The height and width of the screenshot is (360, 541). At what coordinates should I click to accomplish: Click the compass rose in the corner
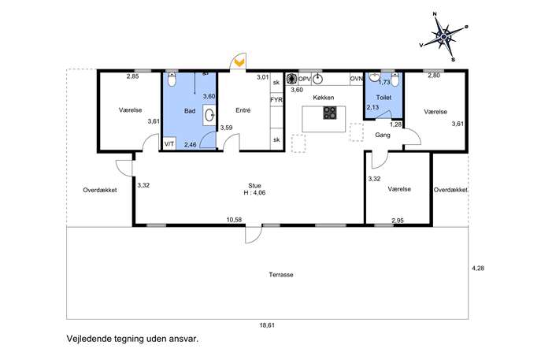443,36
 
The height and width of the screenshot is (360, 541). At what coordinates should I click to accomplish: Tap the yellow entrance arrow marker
239,62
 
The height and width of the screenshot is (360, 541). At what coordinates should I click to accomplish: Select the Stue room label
254,185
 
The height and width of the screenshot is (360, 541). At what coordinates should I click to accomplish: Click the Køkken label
324,98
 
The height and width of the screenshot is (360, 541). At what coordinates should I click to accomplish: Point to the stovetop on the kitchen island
330,113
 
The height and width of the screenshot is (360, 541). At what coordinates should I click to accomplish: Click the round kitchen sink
317,80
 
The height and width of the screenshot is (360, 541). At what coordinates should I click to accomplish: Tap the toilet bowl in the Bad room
172,80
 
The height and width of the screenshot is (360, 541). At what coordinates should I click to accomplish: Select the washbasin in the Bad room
209,116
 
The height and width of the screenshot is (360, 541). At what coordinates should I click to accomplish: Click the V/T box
169,143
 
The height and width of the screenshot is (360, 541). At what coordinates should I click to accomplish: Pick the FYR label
276,100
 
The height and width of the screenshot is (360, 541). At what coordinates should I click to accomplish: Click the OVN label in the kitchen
357,79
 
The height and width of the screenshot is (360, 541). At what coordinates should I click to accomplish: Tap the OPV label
305,79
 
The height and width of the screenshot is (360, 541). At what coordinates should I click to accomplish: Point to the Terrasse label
281,275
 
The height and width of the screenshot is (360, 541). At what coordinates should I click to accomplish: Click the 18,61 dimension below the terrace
268,325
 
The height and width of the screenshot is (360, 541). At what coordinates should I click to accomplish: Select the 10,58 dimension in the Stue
234,220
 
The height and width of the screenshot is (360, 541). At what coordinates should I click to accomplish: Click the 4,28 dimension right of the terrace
478,268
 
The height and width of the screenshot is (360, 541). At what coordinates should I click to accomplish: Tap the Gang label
383,135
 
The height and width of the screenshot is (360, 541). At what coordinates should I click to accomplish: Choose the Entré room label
243,110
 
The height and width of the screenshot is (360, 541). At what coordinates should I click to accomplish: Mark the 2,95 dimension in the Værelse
398,221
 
